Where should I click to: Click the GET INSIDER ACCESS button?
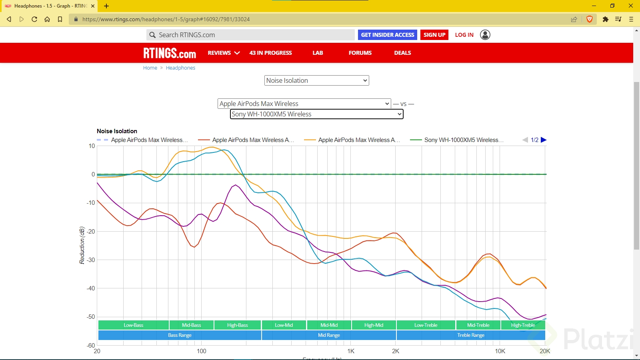(x=387, y=35)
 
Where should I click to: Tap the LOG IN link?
(x=464, y=35)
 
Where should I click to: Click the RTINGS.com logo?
(x=170, y=53)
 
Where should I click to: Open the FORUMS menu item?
(x=360, y=53)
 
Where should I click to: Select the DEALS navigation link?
(x=402, y=53)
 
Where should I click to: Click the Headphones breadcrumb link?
(x=180, y=68)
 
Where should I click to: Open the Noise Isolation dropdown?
(x=316, y=80)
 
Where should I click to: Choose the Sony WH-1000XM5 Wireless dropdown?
(x=316, y=114)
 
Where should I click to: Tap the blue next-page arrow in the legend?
(x=544, y=140)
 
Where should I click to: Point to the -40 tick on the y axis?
(x=91, y=288)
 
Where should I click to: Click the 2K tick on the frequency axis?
(x=396, y=351)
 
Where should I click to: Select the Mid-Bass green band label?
(x=192, y=325)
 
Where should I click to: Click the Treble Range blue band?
(x=471, y=335)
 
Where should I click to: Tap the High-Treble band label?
(x=523, y=325)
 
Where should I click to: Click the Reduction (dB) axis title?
(x=82, y=245)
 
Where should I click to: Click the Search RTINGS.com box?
(x=250, y=35)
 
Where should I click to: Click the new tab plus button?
(x=106, y=6)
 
